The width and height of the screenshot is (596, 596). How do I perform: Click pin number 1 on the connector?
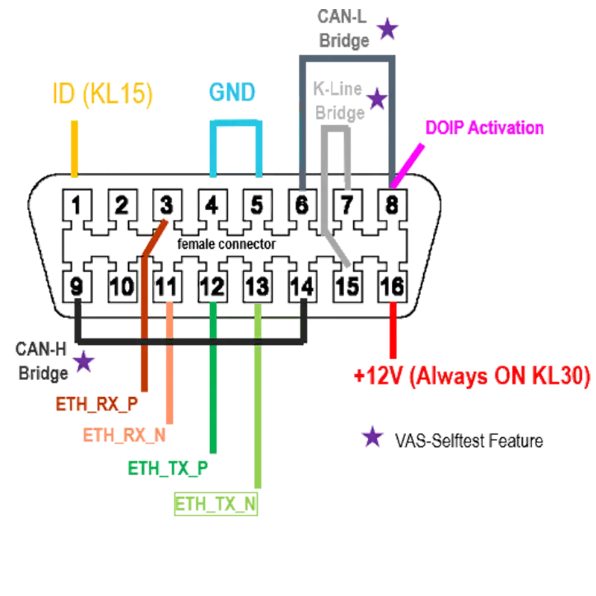coord(77,203)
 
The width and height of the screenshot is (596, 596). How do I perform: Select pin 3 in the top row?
coord(166,203)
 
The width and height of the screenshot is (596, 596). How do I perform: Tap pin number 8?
coord(391,203)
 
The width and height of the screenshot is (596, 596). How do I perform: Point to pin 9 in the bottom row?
coord(77,285)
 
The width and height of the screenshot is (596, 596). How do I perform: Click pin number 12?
coord(212,285)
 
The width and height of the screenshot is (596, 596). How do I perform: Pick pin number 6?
coord(302,203)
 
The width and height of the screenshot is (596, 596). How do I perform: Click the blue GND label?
coord(232,92)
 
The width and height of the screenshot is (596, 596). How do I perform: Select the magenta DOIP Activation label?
coord(482,128)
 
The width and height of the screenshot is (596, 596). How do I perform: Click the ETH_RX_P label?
coord(97,403)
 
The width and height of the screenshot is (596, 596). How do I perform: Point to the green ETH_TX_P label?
coord(167,468)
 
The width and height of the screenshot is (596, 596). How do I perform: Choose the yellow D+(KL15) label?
coord(103,94)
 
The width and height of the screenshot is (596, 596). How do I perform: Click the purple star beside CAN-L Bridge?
coord(387,30)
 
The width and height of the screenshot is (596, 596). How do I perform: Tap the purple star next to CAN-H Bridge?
coord(84,362)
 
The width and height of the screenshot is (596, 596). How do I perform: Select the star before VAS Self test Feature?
coord(370,439)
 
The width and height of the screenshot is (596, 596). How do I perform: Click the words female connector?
coord(227,244)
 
